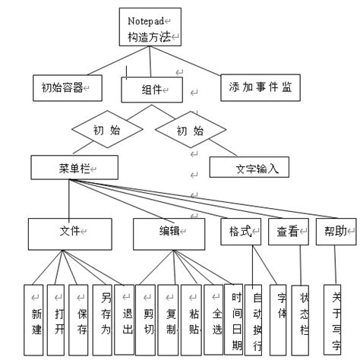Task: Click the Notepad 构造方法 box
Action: [151, 27]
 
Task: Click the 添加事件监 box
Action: [259, 87]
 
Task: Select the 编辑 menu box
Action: [169, 234]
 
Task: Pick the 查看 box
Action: [286, 232]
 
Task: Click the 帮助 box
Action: [336, 232]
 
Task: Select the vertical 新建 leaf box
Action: [34, 321]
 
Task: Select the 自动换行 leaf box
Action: [257, 321]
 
